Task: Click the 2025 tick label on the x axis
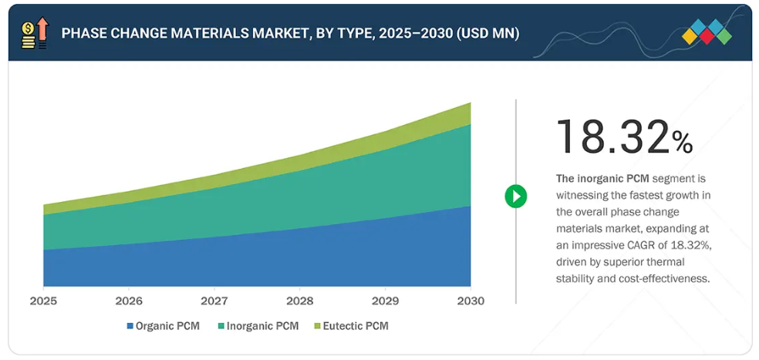[43, 301]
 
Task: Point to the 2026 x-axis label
[129, 301]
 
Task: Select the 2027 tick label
[214, 301]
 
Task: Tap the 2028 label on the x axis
[299, 301]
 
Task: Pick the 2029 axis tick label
[385, 301]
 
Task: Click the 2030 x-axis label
[470, 301]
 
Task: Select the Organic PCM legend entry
[163, 326]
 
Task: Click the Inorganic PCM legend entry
[258, 326]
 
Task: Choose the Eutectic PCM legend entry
[351, 326]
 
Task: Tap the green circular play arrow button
[515, 196]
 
